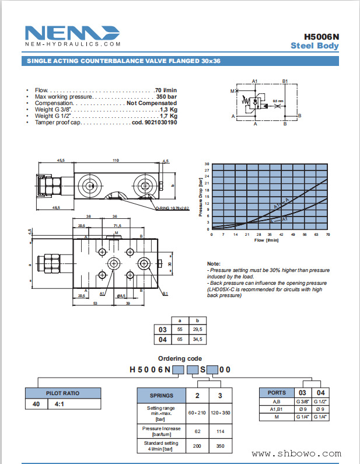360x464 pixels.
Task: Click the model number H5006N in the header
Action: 321,36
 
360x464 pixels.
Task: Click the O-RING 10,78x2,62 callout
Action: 172,208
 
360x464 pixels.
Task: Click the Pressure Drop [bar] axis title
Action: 201,197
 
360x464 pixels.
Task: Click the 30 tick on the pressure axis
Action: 207,164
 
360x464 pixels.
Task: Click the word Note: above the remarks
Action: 214,264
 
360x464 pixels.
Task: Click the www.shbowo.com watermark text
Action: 297,453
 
